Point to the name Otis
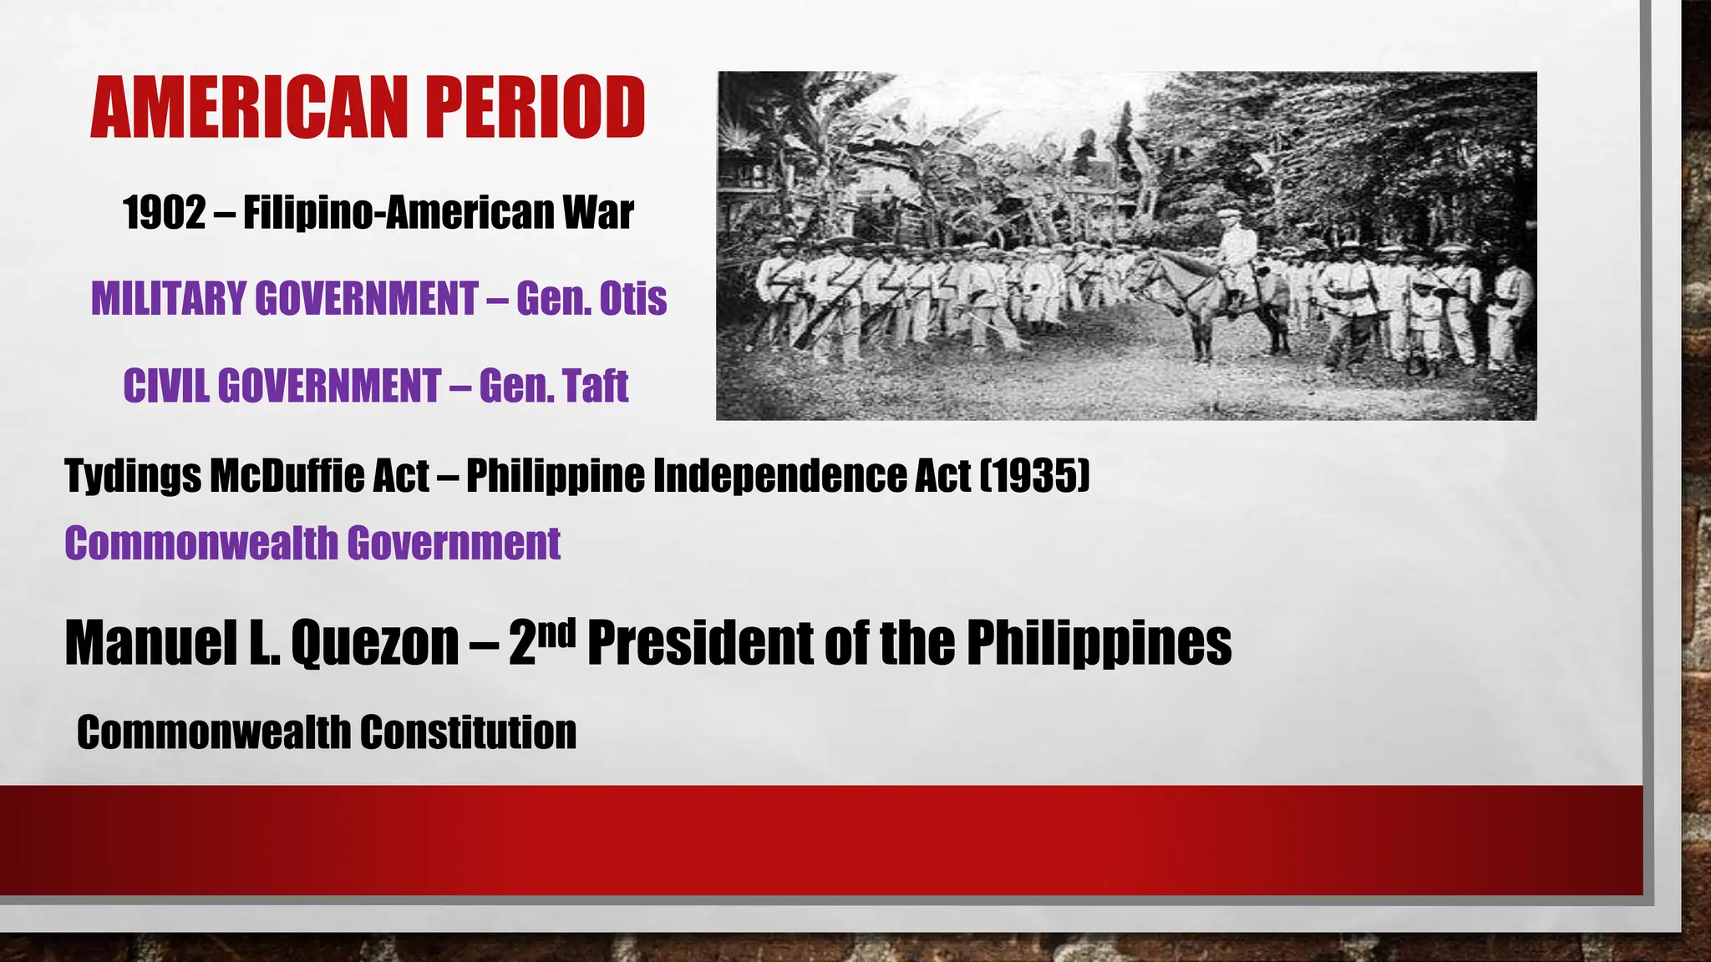pos(632,299)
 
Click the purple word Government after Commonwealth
pos(454,544)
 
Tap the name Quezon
pos(374,644)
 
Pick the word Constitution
pos(468,732)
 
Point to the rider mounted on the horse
pos(1234,251)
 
